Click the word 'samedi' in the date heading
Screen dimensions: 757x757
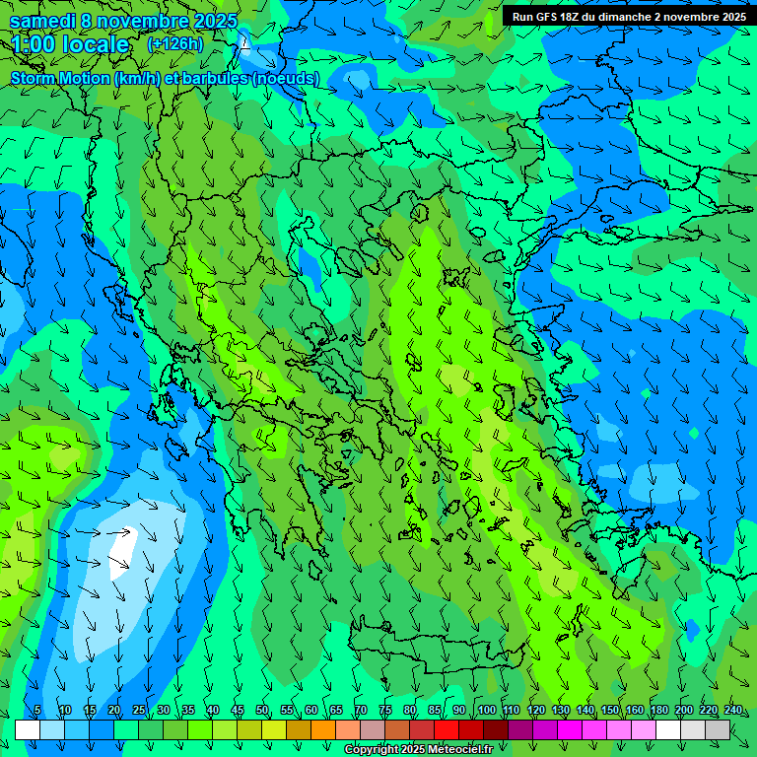[41, 21]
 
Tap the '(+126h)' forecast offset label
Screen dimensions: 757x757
[175, 43]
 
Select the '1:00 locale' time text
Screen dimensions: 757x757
[71, 44]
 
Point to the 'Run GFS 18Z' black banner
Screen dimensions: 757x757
[628, 16]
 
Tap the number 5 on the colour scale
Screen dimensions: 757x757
[37, 711]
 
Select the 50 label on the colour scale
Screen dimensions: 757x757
[262, 711]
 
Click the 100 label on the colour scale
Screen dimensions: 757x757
[486, 711]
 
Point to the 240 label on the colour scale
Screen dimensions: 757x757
[733, 711]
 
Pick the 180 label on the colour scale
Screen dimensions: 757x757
[657, 711]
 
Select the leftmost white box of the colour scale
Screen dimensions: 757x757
[28, 729]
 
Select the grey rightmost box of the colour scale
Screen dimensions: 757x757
[718, 729]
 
